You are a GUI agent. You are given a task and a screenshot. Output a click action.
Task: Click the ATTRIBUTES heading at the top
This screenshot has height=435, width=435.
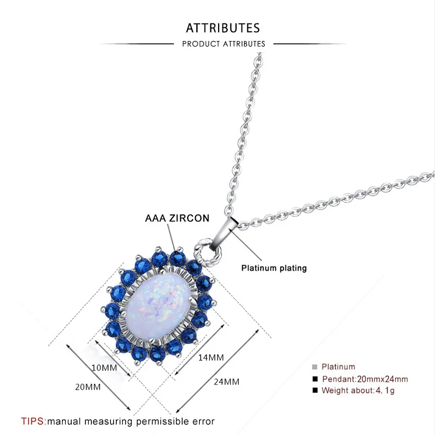coord(223,28)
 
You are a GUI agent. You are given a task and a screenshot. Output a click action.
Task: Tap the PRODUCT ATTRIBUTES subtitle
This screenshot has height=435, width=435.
coord(223,43)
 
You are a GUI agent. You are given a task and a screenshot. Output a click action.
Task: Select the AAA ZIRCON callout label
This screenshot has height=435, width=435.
coord(177,219)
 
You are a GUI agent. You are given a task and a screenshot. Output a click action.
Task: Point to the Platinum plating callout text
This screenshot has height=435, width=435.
coord(274,268)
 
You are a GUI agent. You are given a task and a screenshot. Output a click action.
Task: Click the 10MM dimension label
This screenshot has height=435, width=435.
coord(104,368)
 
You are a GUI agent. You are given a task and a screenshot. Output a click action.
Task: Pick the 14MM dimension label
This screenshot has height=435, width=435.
coord(211,357)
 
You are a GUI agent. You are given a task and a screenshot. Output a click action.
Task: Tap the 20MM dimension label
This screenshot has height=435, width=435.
coord(88,387)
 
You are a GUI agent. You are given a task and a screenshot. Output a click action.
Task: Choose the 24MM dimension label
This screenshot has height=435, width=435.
coord(226,382)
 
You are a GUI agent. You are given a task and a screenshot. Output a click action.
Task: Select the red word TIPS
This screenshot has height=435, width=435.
coord(34,421)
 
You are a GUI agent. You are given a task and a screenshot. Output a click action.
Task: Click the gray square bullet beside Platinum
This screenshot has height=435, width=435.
coord(314,367)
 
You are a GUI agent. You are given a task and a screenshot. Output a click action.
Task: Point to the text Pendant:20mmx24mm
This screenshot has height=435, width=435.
coord(365,379)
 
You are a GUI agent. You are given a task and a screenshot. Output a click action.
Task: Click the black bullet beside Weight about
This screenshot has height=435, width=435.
coord(314,390)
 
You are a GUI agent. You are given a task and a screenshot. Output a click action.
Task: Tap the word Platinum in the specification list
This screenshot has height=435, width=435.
coord(338,367)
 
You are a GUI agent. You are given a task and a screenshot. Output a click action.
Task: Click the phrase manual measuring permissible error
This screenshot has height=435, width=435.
coord(131,421)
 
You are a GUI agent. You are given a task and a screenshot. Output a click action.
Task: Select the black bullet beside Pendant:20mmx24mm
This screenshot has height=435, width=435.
coord(314,379)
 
